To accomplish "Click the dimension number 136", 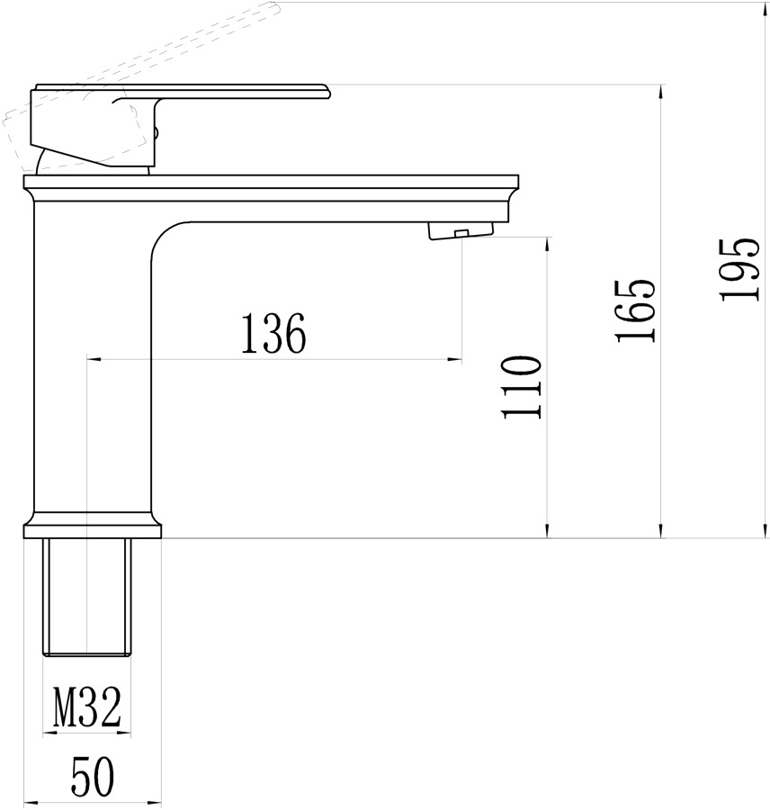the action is (x=273, y=333).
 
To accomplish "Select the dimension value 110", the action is (x=522, y=386).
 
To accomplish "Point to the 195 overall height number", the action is (x=739, y=268).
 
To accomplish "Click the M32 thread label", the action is (x=86, y=706).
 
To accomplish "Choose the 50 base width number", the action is (x=93, y=776).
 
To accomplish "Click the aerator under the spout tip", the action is (x=461, y=230).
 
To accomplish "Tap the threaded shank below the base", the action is (x=86, y=598).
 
